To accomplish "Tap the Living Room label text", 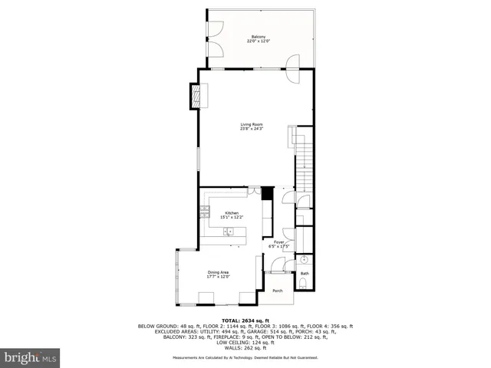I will [x=252, y=124].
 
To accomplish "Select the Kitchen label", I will [x=232, y=212].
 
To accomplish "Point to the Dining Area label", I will [x=219, y=272].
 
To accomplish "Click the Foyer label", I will [x=279, y=242].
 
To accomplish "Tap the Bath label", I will [x=305, y=274].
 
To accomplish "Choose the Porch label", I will [x=277, y=291].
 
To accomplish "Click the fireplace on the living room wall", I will [x=198, y=95].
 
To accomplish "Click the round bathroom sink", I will [x=304, y=259].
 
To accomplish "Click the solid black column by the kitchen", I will [x=267, y=194].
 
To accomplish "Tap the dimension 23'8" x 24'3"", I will [x=252, y=129].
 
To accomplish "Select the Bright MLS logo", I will [x=31, y=357].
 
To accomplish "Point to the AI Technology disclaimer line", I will [x=245, y=357].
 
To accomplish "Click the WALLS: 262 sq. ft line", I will [x=245, y=347].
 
